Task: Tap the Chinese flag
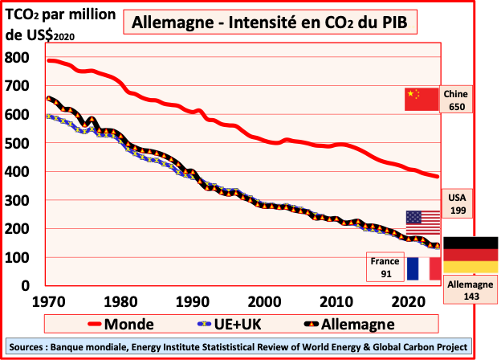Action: pyautogui.click(x=422, y=100)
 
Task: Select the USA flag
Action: pyautogui.click(x=422, y=221)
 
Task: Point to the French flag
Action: pyautogui.click(x=423, y=268)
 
